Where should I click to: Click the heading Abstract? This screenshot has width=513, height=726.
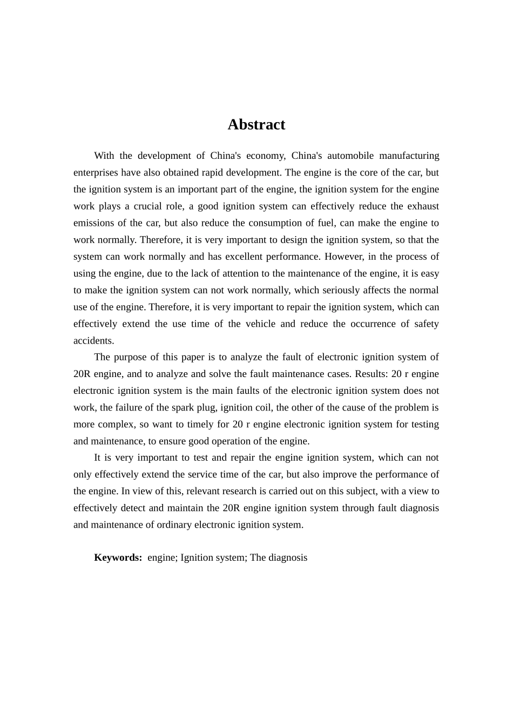(x=256, y=125)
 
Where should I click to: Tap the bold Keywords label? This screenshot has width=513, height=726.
(x=118, y=557)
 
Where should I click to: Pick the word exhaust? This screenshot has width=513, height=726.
(x=423, y=206)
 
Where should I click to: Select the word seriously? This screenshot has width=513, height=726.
(x=342, y=290)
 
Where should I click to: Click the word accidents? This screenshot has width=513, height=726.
(x=93, y=340)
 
